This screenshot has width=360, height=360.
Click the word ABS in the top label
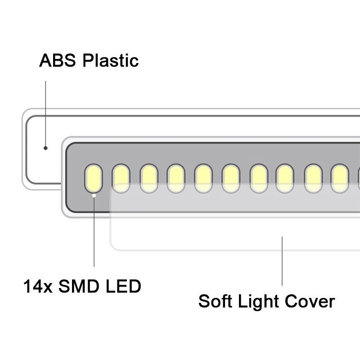[57, 60]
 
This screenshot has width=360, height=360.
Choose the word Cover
[312, 301]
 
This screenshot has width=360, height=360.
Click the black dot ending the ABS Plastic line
[45, 148]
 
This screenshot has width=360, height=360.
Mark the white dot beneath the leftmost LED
[94, 195]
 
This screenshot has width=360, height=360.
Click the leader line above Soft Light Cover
[282, 261]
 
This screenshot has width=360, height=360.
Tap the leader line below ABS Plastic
[45, 112]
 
